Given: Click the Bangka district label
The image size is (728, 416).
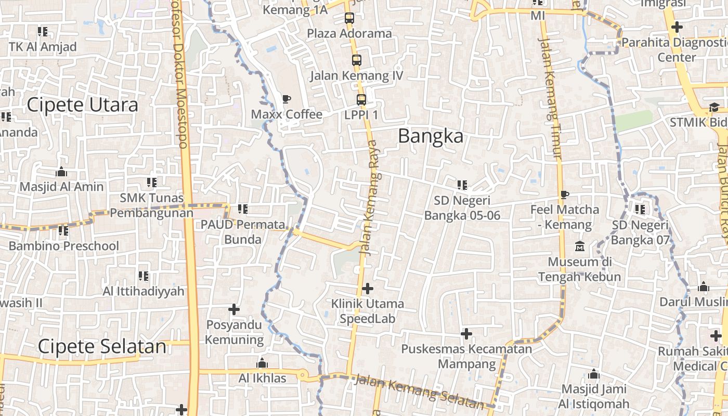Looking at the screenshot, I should click(430, 136).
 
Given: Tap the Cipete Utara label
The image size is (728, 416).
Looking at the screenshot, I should click(82, 105).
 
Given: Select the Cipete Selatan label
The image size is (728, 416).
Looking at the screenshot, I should click(102, 347).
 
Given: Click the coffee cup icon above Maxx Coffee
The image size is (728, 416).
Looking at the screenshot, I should click(286, 99).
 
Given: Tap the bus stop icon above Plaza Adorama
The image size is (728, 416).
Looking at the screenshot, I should click(349, 18).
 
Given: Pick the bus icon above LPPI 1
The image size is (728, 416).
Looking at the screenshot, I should click(361, 100).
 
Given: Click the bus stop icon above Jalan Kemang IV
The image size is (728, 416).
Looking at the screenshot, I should click(356, 60).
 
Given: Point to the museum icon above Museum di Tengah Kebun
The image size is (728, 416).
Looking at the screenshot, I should click(579, 246).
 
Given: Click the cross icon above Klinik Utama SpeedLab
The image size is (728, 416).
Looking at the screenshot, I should click(368, 288).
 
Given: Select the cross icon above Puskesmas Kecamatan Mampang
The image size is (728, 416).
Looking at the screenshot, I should click(466, 333).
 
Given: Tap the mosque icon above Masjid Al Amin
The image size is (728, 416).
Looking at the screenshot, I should click(61, 172).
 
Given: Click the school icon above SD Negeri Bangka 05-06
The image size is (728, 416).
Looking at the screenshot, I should click(462, 185).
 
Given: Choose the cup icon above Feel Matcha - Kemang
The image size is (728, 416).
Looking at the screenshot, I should click(565, 195).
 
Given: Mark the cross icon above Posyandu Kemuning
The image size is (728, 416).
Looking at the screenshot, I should click(234, 309).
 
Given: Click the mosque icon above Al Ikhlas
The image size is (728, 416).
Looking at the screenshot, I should click(262, 363).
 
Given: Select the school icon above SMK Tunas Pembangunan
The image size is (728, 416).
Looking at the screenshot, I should click(151, 183).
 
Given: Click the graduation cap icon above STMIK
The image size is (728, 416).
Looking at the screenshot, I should click(714, 108).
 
